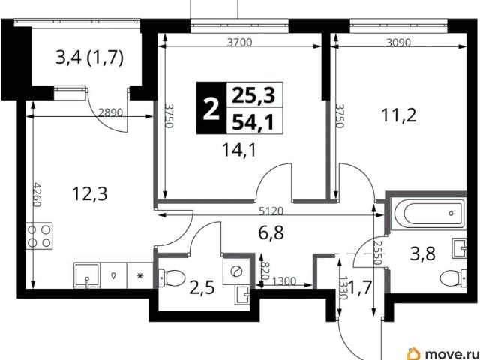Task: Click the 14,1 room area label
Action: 240,151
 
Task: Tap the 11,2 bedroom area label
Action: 399,115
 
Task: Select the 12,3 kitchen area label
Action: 90,193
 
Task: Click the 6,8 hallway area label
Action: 271,232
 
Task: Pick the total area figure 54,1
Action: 253,122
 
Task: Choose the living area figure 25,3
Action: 253,95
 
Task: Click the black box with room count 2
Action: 211,108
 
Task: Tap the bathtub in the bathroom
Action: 430,214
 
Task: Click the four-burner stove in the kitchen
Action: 39,236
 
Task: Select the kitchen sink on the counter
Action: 87,275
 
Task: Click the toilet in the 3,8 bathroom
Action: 453,278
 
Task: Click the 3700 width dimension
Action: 239,42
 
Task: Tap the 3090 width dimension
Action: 398,43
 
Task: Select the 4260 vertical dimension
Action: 37,195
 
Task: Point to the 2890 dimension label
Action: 110,112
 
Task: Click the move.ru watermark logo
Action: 442,352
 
